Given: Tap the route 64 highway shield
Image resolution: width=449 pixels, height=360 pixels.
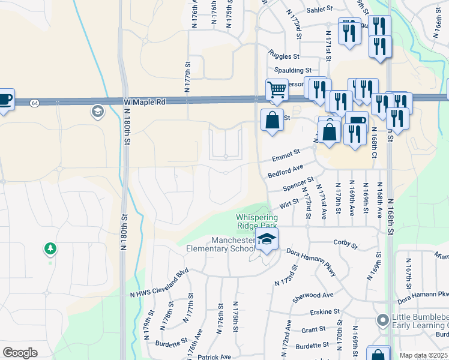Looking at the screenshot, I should click(35, 103).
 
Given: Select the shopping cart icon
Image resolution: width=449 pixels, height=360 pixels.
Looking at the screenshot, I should click(276, 90).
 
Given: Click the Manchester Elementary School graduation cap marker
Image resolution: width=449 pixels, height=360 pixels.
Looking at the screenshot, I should click(267, 240).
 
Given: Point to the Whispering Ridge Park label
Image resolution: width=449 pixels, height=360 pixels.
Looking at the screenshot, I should click(257, 221).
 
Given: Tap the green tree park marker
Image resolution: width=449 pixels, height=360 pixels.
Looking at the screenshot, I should click(50, 248).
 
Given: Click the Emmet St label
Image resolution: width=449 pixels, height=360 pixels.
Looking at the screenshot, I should click(285, 157).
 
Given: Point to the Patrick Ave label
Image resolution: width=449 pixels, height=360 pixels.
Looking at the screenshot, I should click(214, 356).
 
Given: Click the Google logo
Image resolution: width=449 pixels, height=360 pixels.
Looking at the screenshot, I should click(20, 353).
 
